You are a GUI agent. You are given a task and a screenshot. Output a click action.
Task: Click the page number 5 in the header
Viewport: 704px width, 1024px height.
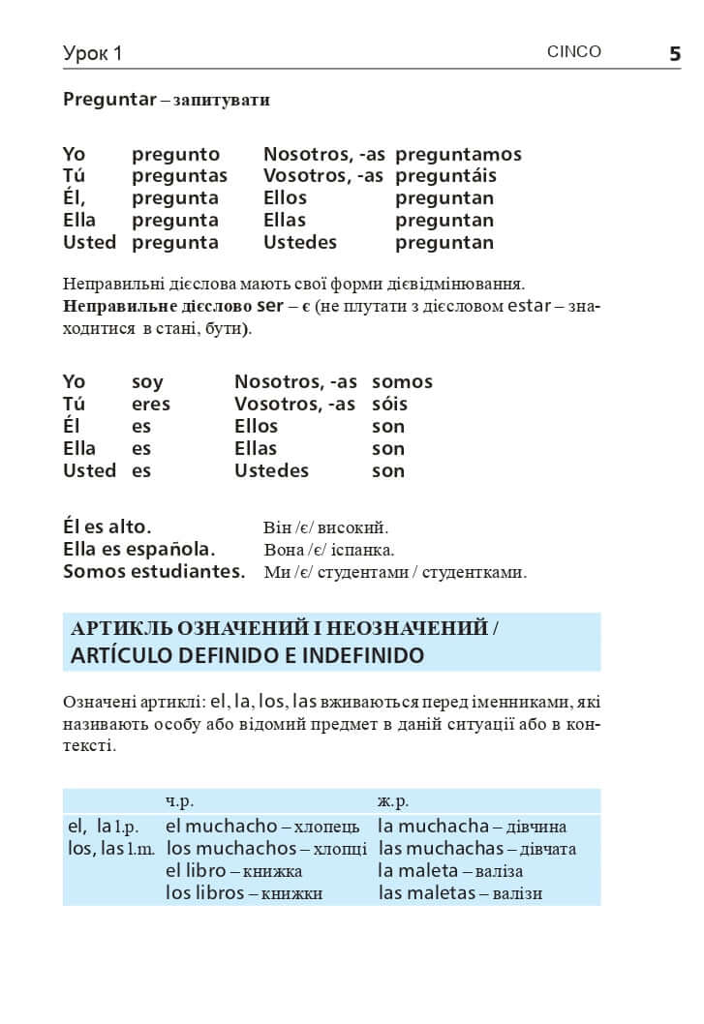point(675,53)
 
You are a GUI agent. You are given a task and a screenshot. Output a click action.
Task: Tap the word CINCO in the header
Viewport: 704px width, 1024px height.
point(573,52)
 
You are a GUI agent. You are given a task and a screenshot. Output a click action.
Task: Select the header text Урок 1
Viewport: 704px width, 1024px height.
point(93,53)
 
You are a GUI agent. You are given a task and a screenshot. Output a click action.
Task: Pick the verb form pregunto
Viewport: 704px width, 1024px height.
point(175,155)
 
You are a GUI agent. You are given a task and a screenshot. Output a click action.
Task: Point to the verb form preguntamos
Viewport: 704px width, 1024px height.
point(458,155)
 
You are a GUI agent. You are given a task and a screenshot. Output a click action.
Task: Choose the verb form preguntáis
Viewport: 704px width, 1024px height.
point(445,176)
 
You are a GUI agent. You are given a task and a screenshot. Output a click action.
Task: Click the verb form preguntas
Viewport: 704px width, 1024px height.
point(179,176)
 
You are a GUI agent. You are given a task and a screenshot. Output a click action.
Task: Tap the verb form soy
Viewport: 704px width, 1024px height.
point(147,382)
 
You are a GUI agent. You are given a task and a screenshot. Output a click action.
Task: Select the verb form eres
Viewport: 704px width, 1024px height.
point(150,405)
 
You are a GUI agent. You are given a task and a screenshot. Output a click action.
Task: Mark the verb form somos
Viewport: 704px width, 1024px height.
point(402,382)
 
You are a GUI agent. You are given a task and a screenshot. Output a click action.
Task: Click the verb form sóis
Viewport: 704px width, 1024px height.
point(389,405)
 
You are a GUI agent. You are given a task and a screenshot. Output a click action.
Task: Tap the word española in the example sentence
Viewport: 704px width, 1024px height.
point(174,550)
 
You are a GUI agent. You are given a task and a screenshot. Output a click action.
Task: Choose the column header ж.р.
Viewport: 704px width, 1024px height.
point(393,801)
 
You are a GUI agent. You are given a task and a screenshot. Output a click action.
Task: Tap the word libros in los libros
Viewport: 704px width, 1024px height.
point(219,893)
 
